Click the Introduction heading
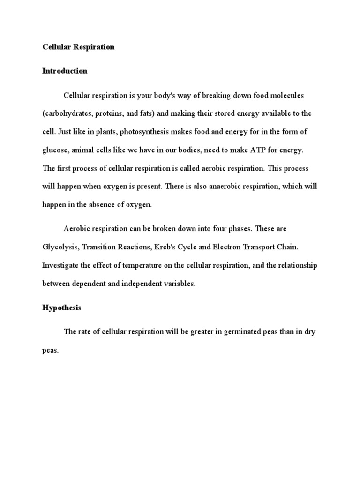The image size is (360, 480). (65, 71)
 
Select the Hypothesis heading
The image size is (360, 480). (61, 308)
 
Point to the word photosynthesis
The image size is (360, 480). (143, 132)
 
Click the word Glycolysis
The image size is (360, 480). (59, 247)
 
